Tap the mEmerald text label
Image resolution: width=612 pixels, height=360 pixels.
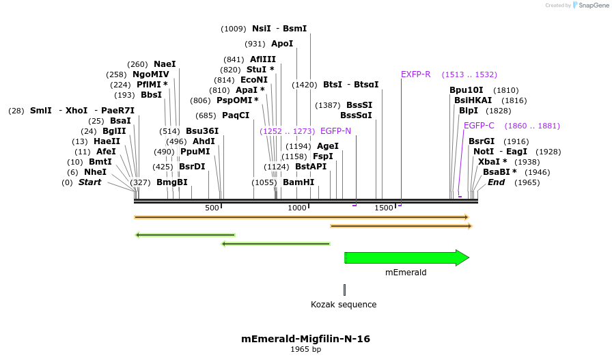pos(406,272)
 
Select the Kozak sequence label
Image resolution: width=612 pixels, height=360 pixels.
pos(344,305)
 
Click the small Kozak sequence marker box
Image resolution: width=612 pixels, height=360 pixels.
pos(344,290)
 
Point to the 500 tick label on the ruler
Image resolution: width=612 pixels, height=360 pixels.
pos(212,208)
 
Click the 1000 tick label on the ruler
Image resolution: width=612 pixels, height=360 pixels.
pos(297,208)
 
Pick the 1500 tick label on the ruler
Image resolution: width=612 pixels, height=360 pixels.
pos(383,208)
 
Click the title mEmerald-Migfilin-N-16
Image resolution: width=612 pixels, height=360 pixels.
pos(305,339)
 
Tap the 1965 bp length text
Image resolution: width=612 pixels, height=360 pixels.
pos(305,350)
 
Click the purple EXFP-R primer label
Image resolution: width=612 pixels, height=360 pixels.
pos(415,74)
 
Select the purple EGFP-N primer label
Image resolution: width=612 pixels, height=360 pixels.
pos(335,131)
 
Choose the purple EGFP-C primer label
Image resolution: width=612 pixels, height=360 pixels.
pos(479,126)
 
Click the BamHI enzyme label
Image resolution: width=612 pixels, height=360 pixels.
pos(298,182)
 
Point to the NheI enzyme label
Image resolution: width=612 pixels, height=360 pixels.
pos(95,172)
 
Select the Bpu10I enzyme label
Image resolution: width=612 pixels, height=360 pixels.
pos(466,90)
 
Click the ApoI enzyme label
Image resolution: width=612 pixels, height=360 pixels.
pos(282,44)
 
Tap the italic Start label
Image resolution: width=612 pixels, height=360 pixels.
pos(89,182)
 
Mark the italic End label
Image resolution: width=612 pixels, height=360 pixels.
pos(496,182)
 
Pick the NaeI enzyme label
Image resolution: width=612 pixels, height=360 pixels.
pos(165,64)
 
